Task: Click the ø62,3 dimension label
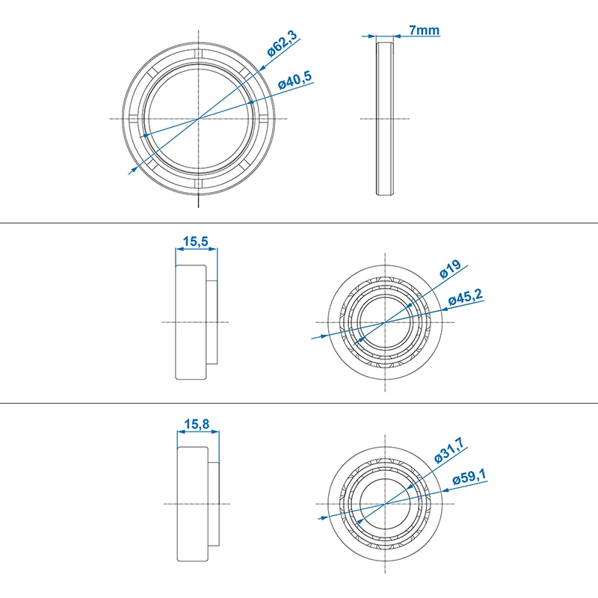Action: (x=282, y=43)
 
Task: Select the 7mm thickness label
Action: (x=424, y=30)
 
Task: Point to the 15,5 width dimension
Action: (x=195, y=241)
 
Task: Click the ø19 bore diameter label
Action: (x=450, y=269)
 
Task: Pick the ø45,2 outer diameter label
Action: (x=465, y=297)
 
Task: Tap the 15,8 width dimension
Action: (x=197, y=424)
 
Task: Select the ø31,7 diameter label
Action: (x=449, y=450)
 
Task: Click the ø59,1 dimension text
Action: (x=469, y=477)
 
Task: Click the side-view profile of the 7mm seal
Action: (x=385, y=119)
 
